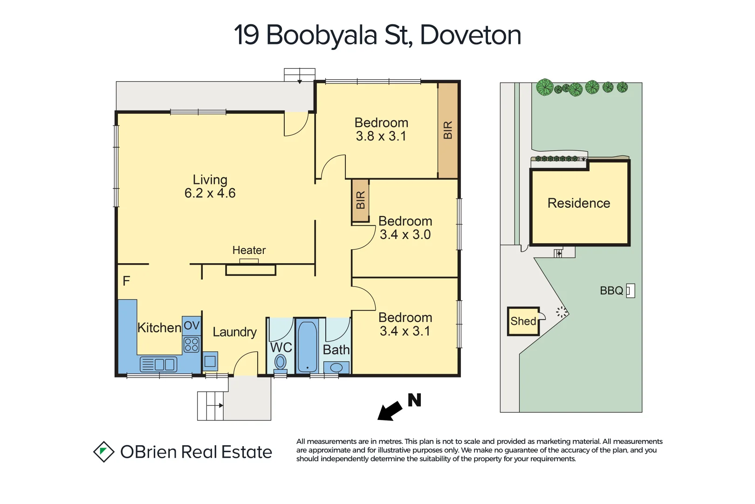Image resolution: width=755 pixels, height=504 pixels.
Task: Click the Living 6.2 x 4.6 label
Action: pos(210,186)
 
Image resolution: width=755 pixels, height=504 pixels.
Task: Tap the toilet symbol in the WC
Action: pos(280,362)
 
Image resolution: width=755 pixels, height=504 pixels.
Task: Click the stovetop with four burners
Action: pos(192,345)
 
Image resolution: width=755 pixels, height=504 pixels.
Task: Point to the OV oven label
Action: pos(192,325)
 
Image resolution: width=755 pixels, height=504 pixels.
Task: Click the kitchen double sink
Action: pos(158,364)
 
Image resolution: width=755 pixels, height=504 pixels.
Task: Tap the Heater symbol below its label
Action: pos(250,269)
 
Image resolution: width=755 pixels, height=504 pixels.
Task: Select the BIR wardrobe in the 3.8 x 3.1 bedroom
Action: pos(447,130)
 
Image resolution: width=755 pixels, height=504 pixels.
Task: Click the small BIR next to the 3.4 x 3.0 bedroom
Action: pos(360,200)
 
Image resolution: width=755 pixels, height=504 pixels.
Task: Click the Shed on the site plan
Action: pos(523,321)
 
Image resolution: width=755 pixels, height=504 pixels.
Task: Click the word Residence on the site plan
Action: pos(578,203)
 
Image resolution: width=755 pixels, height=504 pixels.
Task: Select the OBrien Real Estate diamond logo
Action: pos(103,452)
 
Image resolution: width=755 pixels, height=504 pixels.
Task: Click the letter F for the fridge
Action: pos(126,281)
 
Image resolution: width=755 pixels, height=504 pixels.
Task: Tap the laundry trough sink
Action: pos(210,361)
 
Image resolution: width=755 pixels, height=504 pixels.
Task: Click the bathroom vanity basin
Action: pos(336,368)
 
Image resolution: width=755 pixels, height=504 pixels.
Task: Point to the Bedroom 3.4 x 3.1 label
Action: pos(405,324)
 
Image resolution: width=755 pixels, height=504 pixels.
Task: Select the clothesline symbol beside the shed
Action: pos(562,312)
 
